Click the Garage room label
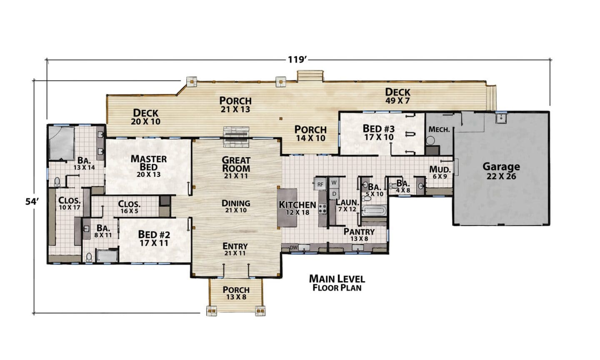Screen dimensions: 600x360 [x=501, y=171]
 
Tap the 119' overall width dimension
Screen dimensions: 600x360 [x=297, y=60]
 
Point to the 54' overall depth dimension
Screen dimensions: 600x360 [x=32, y=201]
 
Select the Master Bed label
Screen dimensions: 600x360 [x=149, y=166]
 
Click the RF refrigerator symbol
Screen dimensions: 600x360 [x=320, y=184]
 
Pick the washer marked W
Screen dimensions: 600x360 [x=334, y=183]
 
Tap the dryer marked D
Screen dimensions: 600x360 [x=334, y=194]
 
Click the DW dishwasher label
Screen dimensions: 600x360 [x=294, y=248]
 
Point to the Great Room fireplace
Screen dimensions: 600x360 [x=237, y=137]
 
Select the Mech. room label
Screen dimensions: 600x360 [x=439, y=130]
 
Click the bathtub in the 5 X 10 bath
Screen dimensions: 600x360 [x=374, y=210]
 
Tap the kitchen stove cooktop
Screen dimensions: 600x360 [x=322, y=208]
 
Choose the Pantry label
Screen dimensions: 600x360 [x=359, y=235]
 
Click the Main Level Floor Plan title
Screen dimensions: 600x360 [x=337, y=283]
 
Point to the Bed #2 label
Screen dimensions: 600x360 [x=154, y=239]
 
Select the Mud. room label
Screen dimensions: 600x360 [x=440, y=173]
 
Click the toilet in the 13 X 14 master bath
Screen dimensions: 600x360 [x=57, y=182]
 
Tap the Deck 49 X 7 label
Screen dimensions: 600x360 [x=398, y=96]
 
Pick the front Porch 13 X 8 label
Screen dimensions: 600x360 [x=236, y=293]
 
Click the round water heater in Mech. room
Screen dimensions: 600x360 [x=430, y=141]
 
